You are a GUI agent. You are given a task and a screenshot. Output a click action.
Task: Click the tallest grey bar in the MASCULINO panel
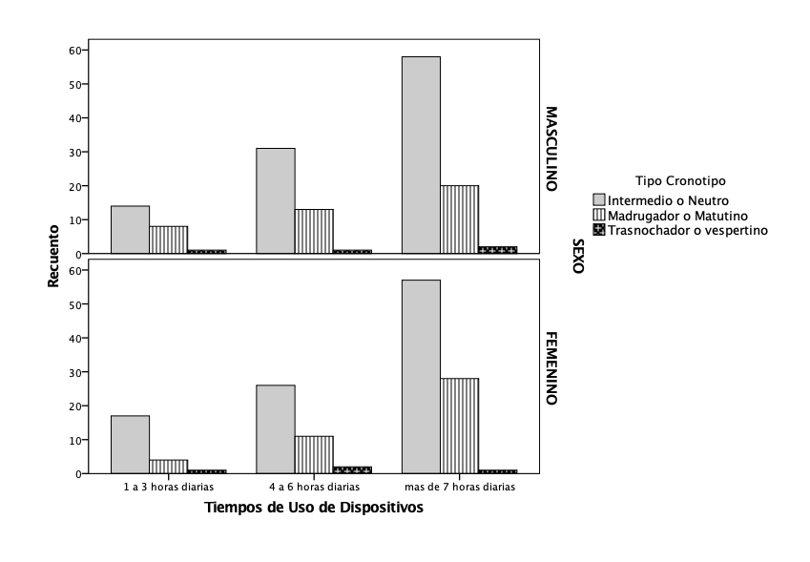pyautogui.click(x=421, y=155)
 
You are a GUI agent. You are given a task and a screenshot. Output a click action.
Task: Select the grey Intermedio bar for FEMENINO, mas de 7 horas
pyautogui.click(x=421, y=376)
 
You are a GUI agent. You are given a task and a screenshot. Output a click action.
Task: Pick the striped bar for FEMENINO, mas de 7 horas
pyautogui.click(x=459, y=425)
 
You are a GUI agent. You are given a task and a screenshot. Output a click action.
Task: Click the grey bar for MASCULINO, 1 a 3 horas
pyautogui.click(x=130, y=229)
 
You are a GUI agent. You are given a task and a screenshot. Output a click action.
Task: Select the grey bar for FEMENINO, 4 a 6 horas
pyautogui.click(x=276, y=428)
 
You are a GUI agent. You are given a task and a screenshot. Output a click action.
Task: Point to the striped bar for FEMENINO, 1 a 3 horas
pyautogui.click(x=168, y=466)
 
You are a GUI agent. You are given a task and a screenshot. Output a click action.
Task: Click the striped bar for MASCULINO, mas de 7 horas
pyautogui.click(x=459, y=219)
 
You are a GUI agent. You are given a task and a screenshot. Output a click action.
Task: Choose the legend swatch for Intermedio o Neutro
pyautogui.click(x=599, y=200)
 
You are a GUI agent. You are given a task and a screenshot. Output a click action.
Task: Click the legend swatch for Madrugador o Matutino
pyautogui.click(x=599, y=216)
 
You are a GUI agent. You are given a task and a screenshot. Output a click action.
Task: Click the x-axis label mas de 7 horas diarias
pyautogui.click(x=459, y=487)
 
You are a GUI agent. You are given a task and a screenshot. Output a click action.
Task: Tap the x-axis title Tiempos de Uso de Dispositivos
pyautogui.click(x=314, y=509)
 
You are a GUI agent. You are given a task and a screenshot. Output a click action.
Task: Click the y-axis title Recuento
pyautogui.click(x=55, y=255)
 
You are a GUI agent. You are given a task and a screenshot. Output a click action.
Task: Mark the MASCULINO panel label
pyautogui.click(x=550, y=148)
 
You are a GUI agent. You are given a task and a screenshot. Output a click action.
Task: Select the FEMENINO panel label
pyautogui.click(x=550, y=368)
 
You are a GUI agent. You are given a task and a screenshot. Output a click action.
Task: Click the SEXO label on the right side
pyautogui.click(x=576, y=257)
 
